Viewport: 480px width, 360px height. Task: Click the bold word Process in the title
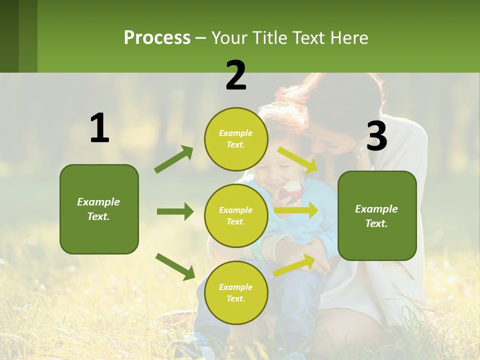coord(157,38)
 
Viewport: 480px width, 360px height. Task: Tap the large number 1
coord(99,128)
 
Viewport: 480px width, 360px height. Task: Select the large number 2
coord(236,75)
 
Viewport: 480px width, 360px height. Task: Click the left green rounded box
coord(99,209)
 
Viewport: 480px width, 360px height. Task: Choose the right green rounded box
coord(377,215)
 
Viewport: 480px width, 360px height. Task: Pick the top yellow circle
coord(236,139)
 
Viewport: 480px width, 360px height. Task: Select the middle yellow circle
coord(236,215)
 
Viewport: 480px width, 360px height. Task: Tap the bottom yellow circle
coord(236,292)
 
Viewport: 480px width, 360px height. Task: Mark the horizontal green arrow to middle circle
coord(175,211)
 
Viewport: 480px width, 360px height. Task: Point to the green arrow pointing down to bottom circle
coord(175,266)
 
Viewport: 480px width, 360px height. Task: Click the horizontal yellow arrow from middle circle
coord(296,210)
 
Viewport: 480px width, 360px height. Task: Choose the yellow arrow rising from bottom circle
coord(294,265)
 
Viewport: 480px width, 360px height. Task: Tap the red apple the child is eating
coord(292,190)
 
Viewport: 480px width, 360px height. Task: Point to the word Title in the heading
coord(268,38)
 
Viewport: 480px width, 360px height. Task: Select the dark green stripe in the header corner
coord(9,36)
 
